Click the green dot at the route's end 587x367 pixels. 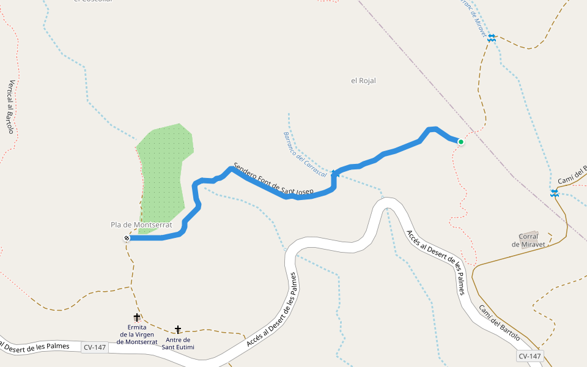461,142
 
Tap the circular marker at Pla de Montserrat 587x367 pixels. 127,238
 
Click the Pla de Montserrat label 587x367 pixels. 142,225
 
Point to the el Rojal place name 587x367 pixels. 363,81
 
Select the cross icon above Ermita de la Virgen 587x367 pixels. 136,317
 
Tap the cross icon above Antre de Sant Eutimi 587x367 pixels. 178,330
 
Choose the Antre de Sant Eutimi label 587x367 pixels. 178,343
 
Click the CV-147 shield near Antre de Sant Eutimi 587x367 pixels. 94,347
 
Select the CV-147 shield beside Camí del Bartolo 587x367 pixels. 530,356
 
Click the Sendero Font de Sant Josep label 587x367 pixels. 273,180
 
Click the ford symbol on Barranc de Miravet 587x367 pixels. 492,38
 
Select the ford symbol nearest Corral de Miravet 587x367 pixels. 554,194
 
